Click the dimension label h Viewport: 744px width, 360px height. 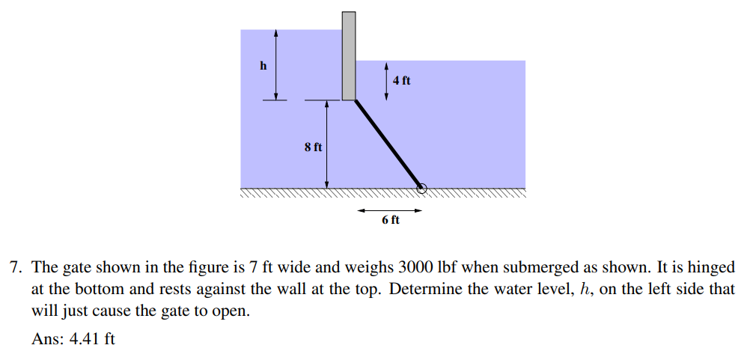coord(263,66)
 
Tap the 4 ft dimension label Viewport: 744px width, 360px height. coord(401,81)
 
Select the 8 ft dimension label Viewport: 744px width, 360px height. coord(313,147)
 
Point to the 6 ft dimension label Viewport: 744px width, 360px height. coord(391,220)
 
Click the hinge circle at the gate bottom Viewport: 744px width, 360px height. coord(421,189)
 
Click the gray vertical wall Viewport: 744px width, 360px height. coord(349,56)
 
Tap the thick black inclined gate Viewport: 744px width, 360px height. coord(388,144)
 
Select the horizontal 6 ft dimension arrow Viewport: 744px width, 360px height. coord(389,210)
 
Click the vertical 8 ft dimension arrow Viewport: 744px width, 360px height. coord(326,144)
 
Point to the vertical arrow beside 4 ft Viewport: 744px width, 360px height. coord(386,81)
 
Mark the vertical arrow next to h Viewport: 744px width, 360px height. coord(275,65)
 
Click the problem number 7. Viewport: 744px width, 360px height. coord(15,267)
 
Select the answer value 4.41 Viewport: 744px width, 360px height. coord(85,338)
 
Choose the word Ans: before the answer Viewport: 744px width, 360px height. coord(48,338)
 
